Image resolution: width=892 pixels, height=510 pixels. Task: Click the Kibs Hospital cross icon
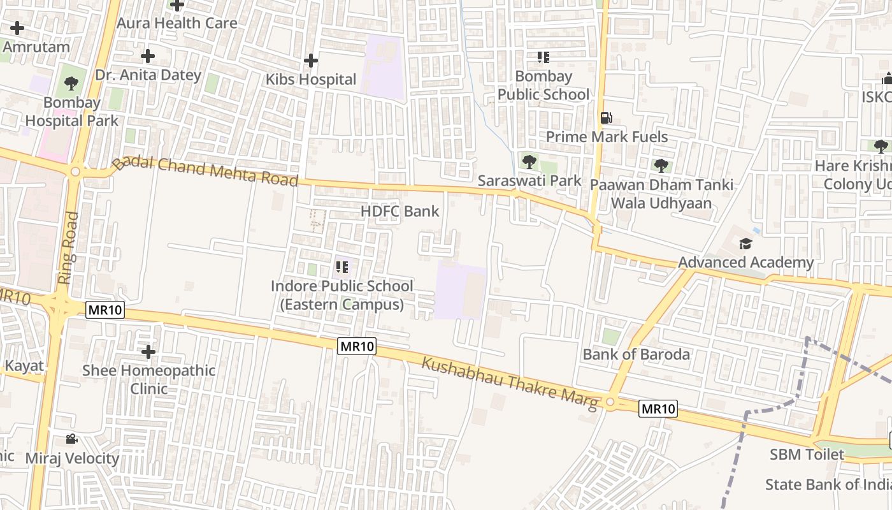311,61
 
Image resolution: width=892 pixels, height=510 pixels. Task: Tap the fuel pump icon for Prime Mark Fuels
606,118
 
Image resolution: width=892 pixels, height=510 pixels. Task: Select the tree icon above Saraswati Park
529,161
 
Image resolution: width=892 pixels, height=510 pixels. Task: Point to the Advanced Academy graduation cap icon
745,244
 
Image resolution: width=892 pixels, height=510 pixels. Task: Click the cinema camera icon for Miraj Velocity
71,439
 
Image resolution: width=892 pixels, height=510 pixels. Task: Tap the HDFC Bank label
400,211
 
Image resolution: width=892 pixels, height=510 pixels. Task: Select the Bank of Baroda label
636,354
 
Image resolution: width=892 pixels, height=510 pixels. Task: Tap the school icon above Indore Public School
342,267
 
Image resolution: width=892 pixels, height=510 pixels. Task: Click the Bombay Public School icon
543,57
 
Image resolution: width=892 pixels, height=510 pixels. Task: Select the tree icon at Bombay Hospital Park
71,83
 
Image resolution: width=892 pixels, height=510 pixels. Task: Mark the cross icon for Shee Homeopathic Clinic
148,351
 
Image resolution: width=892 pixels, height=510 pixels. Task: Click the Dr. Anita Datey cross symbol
148,56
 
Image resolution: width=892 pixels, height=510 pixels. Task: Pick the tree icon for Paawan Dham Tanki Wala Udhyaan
661,166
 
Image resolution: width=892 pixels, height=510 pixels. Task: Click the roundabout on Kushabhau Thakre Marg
610,402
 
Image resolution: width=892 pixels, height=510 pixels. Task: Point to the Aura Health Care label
177,23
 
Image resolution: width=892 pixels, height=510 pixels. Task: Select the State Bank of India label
828,484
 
